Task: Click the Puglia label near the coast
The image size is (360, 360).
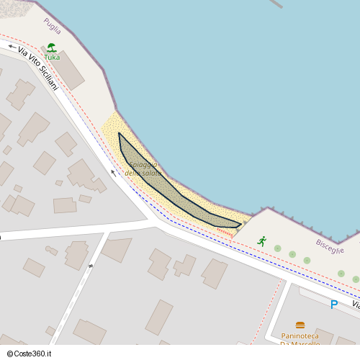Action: pos(52,28)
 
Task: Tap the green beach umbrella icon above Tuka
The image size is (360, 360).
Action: pos(52,48)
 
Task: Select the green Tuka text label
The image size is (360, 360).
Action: pos(52,57)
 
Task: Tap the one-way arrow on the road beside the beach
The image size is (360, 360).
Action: pos(113,173)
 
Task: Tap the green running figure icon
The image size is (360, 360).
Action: pos(262,241)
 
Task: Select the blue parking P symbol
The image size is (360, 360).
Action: pos(333,305)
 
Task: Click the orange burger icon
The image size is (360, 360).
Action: pos(300,325)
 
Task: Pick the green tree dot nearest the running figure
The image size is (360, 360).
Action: pos(277,248)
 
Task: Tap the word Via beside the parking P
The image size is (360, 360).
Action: pos(356,306)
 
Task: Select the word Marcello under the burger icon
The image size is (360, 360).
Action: pos(307,343)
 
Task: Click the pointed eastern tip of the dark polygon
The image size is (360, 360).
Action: pos(240,224)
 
